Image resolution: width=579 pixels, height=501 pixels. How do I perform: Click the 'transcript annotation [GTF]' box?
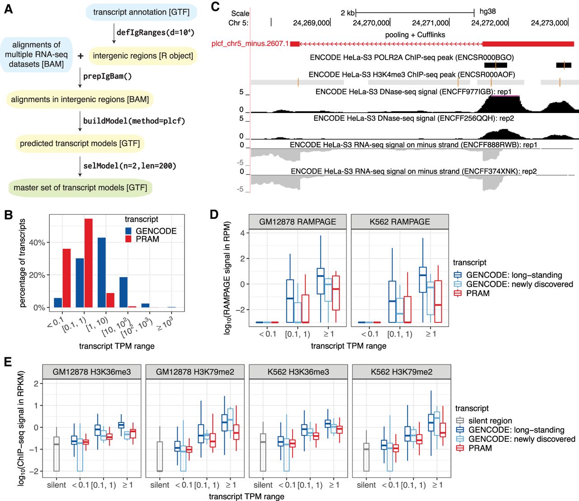(x=141, y=12)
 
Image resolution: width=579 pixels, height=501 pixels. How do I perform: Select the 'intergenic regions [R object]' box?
(x=143, y=56)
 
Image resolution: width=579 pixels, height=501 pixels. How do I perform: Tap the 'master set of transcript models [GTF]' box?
(x=80, y=188)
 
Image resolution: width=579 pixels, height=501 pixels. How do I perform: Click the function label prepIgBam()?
(x=107, y=76)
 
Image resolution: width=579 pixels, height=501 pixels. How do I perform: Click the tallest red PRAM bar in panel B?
(x=88, y=263)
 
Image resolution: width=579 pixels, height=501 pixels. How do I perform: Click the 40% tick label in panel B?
(x=37, y=243)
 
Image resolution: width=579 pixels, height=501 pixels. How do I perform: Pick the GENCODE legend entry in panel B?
(x=156, y=231)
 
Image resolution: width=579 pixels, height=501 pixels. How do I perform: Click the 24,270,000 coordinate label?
(x=371, y=23)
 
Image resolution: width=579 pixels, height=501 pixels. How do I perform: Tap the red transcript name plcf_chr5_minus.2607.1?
(x=250, y=44)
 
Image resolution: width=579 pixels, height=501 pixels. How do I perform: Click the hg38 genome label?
(x=488, y=12)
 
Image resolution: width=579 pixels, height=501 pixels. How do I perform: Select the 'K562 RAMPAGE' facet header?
(x=400, y=222)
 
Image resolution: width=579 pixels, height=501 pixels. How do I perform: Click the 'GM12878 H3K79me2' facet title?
(x=195, y=372)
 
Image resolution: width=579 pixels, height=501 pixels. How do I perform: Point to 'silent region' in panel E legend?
(x=490, y=421)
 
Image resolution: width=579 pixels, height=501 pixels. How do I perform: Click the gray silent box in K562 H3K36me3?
(x=263, y=452)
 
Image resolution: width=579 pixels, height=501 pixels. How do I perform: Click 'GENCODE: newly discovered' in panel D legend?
(x=519, y=284)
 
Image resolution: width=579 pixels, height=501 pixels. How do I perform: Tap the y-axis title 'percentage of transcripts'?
(x=23, y=263)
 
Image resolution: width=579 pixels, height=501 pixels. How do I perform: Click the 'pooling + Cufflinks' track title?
(x=415, y=35)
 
